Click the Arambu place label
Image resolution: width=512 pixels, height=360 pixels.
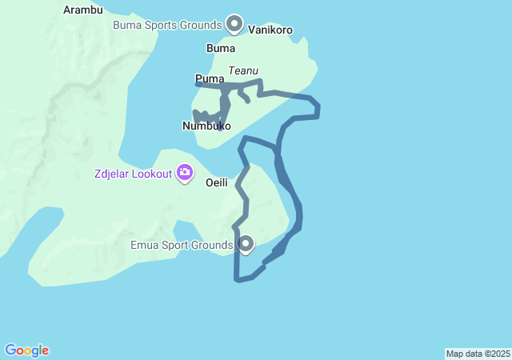(82, 10)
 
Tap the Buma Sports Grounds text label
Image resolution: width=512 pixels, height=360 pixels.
(166, 25)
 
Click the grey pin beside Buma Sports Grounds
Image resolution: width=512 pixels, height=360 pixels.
(234, 24)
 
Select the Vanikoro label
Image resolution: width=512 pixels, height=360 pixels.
(270, 30)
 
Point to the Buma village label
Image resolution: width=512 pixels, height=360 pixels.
(221, 48)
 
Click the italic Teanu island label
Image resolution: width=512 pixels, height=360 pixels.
(243, 71)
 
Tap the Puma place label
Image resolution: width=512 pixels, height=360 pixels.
(209, 78)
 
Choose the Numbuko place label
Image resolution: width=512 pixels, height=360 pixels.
(206, 126)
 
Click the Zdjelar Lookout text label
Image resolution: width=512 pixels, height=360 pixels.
(131, 172)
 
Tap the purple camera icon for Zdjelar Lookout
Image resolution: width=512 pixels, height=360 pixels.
(185, 172)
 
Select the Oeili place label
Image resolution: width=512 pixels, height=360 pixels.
(218, 182)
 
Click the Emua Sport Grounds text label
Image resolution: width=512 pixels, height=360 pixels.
(182, 245)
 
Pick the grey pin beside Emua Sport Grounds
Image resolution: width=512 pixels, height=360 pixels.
(246, 243)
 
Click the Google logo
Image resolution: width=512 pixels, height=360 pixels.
(27, 350)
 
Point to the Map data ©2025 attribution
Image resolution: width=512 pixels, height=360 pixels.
(478, 354)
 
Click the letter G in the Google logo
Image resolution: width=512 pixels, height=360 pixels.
(10, 350)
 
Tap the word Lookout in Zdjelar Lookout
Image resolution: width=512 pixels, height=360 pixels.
(152, 172)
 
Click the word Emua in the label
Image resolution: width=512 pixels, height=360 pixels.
(144, 245)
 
